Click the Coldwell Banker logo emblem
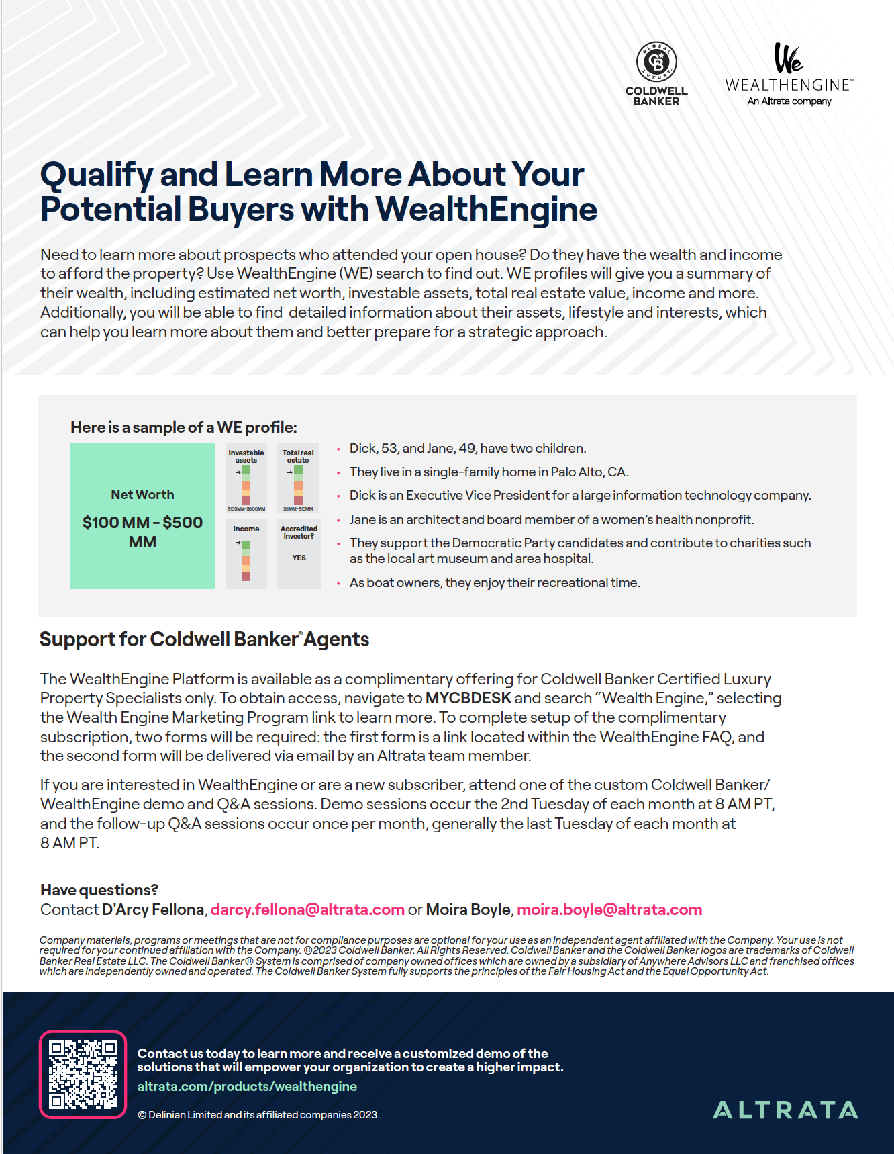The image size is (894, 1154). (x=656, y=62)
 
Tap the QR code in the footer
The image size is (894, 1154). (x=83, y=1074)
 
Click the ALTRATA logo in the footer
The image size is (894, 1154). (x=785, y=1110)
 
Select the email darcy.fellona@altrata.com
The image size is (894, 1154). (x=307, y=909)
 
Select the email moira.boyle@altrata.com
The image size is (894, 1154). (x=609, y=909)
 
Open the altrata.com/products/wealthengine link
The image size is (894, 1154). (x=247, y=1086)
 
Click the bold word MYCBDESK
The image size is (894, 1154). (x=468, y=698)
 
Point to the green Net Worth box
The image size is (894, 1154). (x=142, y=517)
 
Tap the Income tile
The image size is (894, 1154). (x=246, y=553)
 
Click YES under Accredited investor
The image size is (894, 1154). (x=299, y=558)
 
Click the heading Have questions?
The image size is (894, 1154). (x=99, y=890)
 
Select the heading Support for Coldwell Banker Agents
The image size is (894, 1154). (x=204, y=639)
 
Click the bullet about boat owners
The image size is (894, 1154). (x=495, y=582)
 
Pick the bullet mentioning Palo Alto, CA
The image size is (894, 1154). (x=489, y=472)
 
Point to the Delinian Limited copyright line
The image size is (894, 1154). (x=258, y=1114)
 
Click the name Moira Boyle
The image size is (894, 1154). (x=468, y=909)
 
